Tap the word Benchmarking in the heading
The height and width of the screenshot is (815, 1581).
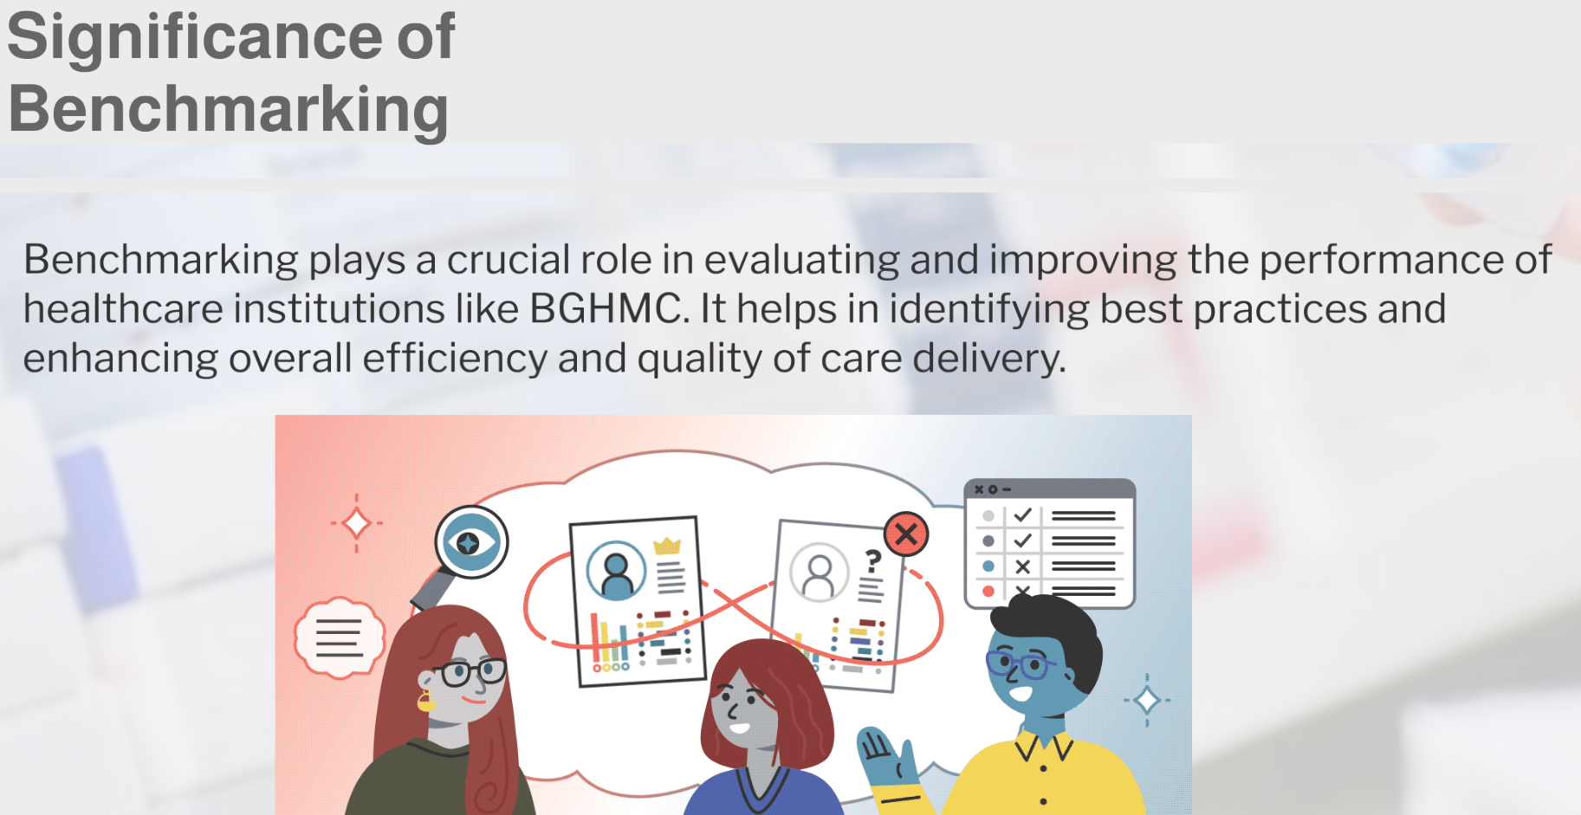click(229, 110)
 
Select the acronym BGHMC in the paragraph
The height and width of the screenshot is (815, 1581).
click(606, 308)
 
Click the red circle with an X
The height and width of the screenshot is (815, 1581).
click(906, 534)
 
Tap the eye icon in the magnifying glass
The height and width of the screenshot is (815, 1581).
click(470, 542)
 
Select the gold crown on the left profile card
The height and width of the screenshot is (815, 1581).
click(667, 546)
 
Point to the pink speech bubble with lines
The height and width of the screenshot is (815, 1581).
click(340, 637)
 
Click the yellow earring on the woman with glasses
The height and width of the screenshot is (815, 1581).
click(425, 702)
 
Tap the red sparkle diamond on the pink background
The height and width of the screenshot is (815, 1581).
click(356, 523)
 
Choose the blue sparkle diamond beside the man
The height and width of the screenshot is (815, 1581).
click(1147, 700)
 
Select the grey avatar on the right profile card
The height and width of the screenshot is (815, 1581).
click(820, 572)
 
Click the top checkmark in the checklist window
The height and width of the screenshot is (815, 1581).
click(1022, 515)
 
